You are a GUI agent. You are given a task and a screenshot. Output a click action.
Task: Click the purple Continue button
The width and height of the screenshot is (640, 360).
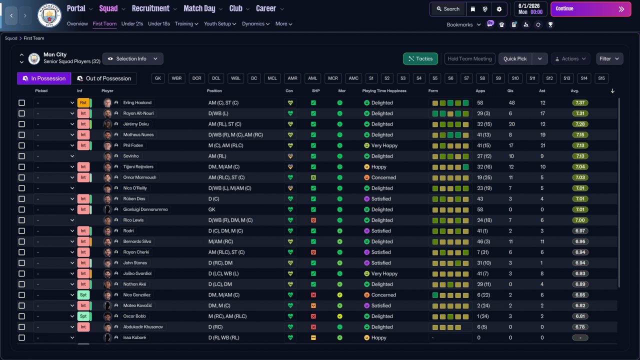point(590,9)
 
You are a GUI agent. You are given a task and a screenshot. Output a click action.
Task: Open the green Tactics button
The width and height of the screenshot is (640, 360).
point(420,58)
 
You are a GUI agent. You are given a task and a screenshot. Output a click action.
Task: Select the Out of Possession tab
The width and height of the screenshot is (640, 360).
point(104,78)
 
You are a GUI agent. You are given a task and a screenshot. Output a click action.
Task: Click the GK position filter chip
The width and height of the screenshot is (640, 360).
point(157,78)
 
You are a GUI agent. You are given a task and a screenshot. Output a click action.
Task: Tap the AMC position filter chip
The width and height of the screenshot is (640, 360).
point(353,78)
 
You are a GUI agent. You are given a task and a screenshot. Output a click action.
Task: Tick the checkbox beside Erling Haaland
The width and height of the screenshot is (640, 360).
point(21,102)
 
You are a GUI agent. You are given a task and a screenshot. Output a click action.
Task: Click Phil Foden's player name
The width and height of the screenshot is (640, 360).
point(133,145)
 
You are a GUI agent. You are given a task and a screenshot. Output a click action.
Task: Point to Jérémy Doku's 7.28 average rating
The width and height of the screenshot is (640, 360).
point(580,124)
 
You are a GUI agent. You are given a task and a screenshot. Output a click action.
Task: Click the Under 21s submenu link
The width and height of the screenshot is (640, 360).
point(132,23)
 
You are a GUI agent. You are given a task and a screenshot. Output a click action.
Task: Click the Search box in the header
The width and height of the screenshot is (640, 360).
point(448,9)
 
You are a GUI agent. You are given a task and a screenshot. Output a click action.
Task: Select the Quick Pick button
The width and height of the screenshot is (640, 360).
point(515,58)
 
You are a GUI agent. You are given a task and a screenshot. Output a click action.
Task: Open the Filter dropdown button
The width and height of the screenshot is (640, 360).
point(609,58)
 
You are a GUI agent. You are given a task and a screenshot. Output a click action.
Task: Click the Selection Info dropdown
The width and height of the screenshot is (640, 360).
point(133,58)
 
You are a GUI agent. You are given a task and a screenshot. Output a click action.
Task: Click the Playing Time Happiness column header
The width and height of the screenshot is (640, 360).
point(384,91)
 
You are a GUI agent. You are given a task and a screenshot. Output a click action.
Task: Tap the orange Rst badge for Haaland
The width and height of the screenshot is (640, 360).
point(83,102)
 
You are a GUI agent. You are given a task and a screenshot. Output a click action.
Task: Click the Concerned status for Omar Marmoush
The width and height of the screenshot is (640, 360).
point(383,177)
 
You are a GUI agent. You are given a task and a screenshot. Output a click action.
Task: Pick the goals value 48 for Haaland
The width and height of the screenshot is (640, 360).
point(511,102)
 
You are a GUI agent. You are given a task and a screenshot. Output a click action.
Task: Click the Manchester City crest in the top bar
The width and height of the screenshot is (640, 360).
point(49,15)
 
